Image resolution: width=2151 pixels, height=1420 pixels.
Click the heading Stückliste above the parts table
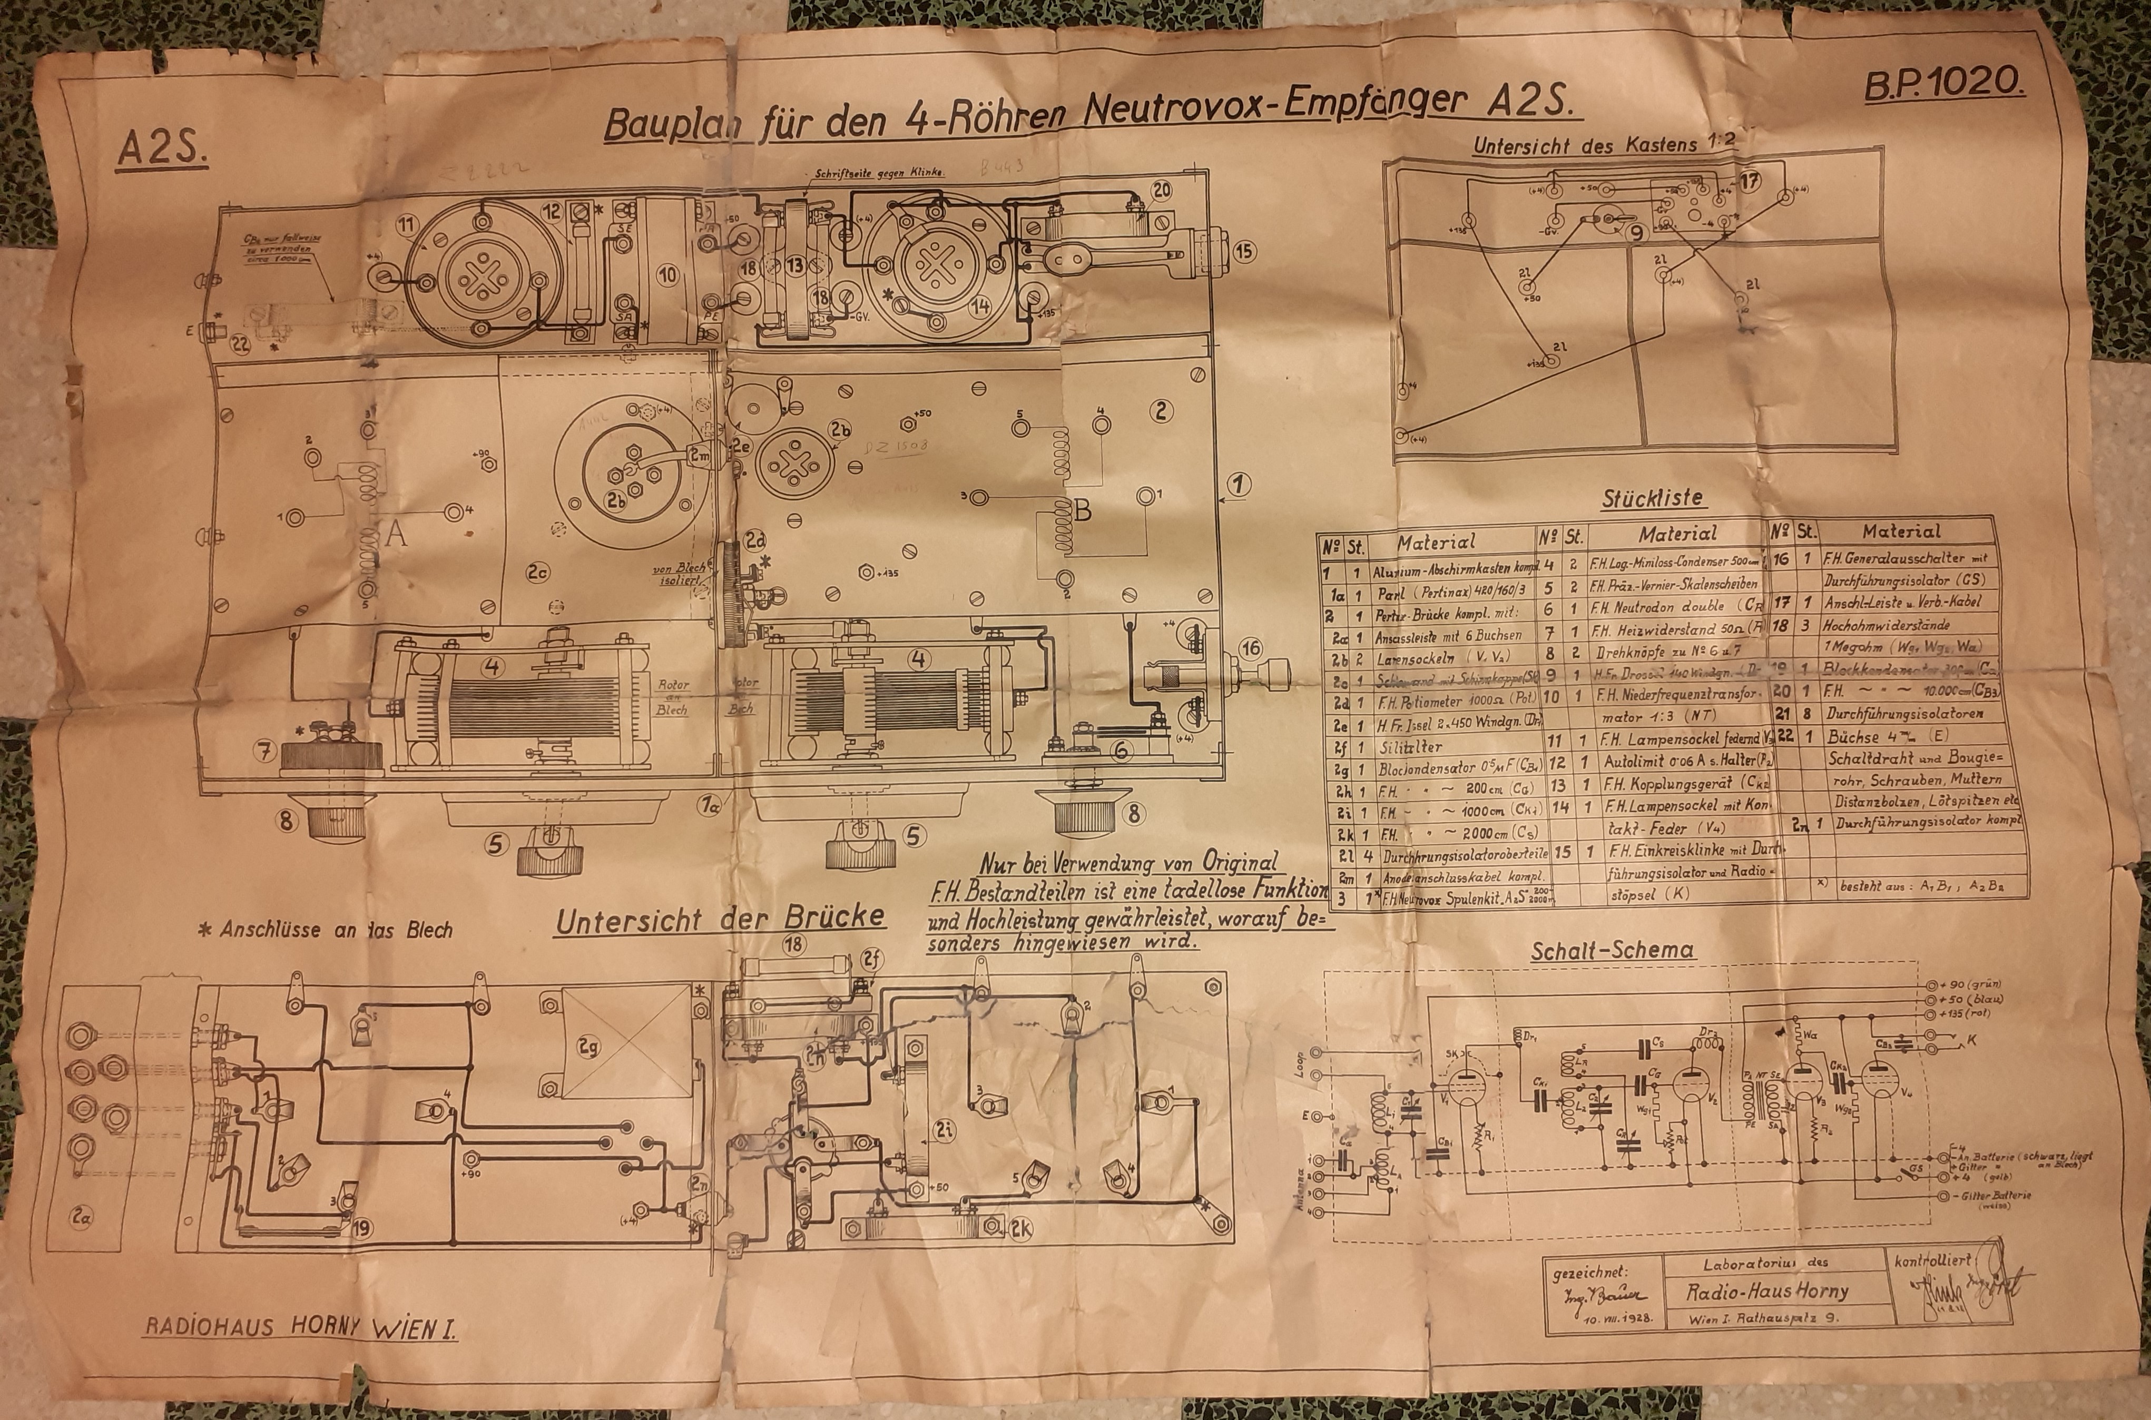(x=1652, y=498)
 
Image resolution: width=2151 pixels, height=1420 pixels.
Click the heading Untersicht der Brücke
(x=720, y=920)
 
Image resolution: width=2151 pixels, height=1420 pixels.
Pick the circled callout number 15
(x=1244, y=250)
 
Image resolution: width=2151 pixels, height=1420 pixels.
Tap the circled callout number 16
(x=1251, y=648)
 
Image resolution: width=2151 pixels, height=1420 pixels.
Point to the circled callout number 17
(x=1750, y=181)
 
